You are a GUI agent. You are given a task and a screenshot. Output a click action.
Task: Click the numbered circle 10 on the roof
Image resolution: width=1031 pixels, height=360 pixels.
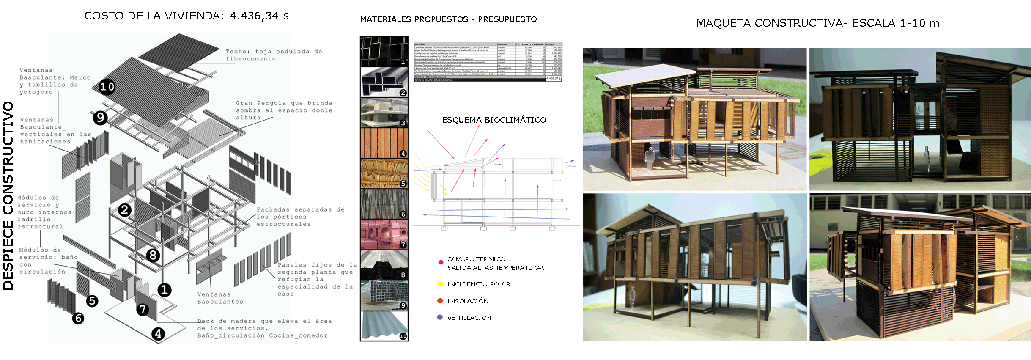tap(107, 87)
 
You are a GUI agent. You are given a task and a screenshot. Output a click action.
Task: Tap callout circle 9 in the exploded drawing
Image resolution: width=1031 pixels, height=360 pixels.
tap(100, 117)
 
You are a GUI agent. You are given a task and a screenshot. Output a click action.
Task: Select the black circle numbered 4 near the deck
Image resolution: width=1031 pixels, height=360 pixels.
tap(158, 334)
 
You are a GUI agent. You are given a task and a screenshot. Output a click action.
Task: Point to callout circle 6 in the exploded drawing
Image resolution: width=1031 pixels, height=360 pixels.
tap(78, 318)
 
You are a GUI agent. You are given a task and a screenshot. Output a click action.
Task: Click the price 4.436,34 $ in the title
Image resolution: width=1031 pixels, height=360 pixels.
tap(259, 16)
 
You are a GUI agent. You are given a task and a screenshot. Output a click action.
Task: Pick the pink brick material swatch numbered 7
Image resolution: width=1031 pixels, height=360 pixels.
tap(384, 234)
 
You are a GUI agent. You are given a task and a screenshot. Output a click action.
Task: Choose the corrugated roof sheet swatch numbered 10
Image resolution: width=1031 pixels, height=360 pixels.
tap(384, 326)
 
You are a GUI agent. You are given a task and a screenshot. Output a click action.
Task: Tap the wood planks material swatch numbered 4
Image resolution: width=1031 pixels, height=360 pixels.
tap(384, 143)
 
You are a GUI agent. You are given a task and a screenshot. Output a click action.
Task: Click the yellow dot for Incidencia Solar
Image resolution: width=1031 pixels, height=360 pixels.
tap(440, 284)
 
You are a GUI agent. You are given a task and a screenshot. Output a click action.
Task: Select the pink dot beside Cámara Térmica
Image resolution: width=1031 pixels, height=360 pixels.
tap(441, 262)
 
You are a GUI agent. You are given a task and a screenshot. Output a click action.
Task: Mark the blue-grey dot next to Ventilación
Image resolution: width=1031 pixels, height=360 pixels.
tap(440, 317)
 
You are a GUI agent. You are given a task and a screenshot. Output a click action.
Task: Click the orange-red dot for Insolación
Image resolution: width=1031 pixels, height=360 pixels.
tap(440, 301)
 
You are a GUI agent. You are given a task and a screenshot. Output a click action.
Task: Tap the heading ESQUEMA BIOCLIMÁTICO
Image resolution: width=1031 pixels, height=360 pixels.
tap(494, 120)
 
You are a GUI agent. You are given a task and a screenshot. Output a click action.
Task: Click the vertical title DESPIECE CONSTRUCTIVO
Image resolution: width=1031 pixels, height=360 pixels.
tap(8, 195)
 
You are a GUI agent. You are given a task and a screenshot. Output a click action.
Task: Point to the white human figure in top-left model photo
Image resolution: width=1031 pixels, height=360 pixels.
tap(649, 160)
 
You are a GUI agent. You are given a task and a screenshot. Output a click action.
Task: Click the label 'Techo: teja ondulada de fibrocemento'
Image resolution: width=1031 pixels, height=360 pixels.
tap(273, 55)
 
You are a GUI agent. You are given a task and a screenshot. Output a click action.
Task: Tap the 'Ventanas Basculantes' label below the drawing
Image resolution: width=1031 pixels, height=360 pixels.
tap(220, 298)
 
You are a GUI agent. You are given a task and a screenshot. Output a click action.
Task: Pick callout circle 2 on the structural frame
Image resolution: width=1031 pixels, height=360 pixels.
tap(124, 210)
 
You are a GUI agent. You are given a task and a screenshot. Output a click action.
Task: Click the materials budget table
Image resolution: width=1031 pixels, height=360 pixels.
tap(488, 62)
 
